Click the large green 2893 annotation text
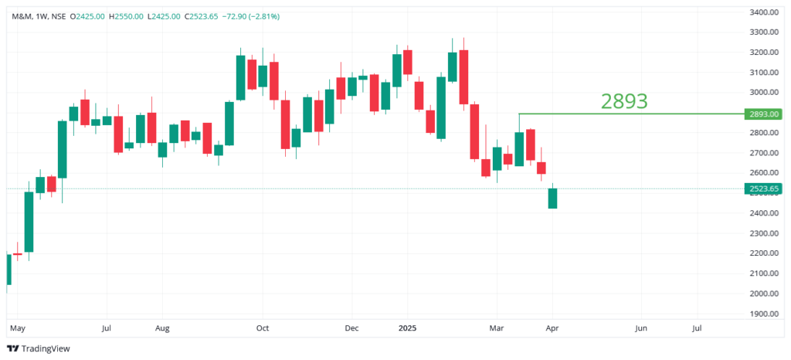[624, 100]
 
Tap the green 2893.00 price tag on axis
[764, 114]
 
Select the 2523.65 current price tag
[764, 188]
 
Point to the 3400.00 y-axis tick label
[764, 12]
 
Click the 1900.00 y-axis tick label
[764, 314]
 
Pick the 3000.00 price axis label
[764, 93]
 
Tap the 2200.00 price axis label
[764, 253]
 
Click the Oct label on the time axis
[263, 328]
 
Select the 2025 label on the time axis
[407, 328]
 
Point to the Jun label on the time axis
[640, 328]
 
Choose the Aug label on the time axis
[161, 328]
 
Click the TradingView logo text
[45, 348]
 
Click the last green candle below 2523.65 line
[552, 199]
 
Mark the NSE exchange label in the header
[56, 16]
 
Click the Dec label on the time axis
[351, 328]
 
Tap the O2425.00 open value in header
[88, 16]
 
